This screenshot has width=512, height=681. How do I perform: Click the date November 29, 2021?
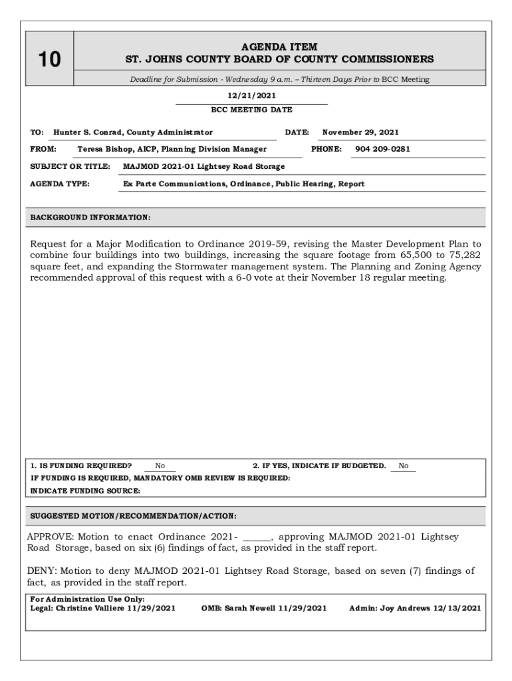point(360,132)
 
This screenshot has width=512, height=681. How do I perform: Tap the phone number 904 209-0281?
point(382,149)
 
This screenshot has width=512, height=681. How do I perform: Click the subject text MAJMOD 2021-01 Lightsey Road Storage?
point(204,166)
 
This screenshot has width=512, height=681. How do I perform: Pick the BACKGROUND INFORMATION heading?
point(90,217)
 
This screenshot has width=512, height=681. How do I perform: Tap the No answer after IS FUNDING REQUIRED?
point(160,466)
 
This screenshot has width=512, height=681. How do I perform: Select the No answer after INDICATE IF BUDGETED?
point(404,466)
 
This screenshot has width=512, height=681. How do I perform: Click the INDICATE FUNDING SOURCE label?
point(85,491)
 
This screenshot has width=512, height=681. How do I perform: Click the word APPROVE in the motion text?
point(51,537)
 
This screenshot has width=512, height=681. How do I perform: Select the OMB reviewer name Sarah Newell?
point(250,608)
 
